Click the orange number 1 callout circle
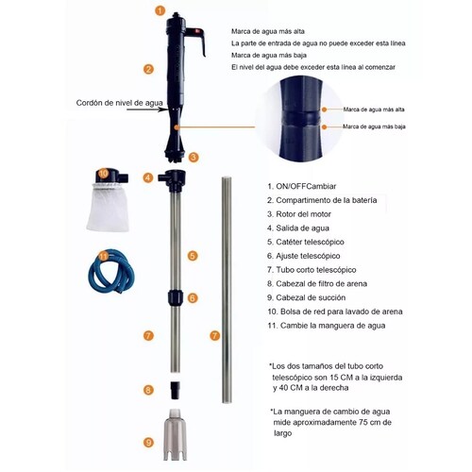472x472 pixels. (x=160, y=10)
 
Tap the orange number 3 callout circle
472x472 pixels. (x=194, y=157)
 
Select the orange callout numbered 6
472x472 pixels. (x=193, y=297)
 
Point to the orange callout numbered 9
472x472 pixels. (x=148, y=443)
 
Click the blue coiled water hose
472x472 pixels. (x=110, y=271)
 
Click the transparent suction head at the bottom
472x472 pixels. (x=175, y=434)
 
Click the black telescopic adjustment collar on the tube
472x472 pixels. (x=176, y=298)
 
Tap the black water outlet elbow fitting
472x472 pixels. (x=172, y=180)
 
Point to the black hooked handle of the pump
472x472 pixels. (x=196, y=41)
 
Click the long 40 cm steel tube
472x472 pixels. (x=227, y=290)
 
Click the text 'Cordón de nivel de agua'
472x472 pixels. (x=120, y=103)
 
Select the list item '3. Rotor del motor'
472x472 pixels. (x=299, y=214)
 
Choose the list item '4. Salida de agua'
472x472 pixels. (x=298, y=228)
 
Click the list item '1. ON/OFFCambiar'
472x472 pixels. (x=302, y=186)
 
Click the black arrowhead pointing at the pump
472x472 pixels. (x=164, y=110)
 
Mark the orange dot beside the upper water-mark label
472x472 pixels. (x=324, y=110)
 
